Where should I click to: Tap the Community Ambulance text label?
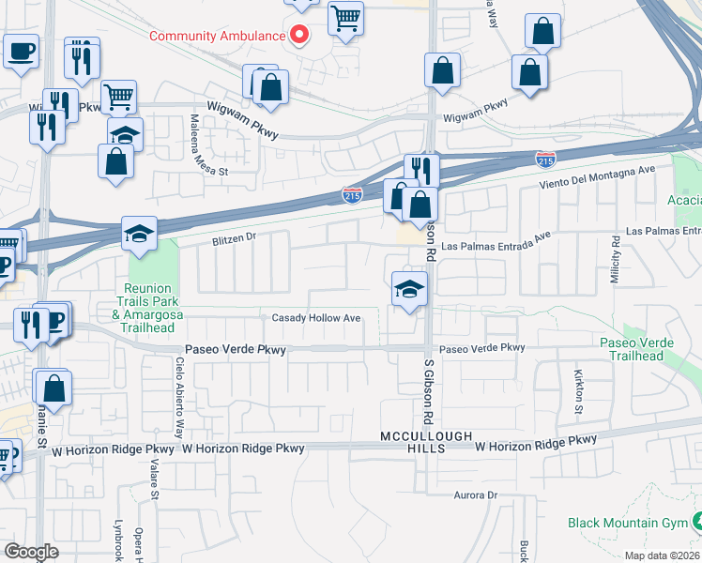[217, 37]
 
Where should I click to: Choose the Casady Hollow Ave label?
[316, 318]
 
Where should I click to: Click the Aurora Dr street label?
[475, 495]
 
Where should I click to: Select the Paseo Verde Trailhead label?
[641, 349]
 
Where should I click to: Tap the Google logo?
[32, 551]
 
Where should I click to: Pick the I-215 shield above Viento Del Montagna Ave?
[545, 159]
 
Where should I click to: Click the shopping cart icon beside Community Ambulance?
[345, 18]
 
